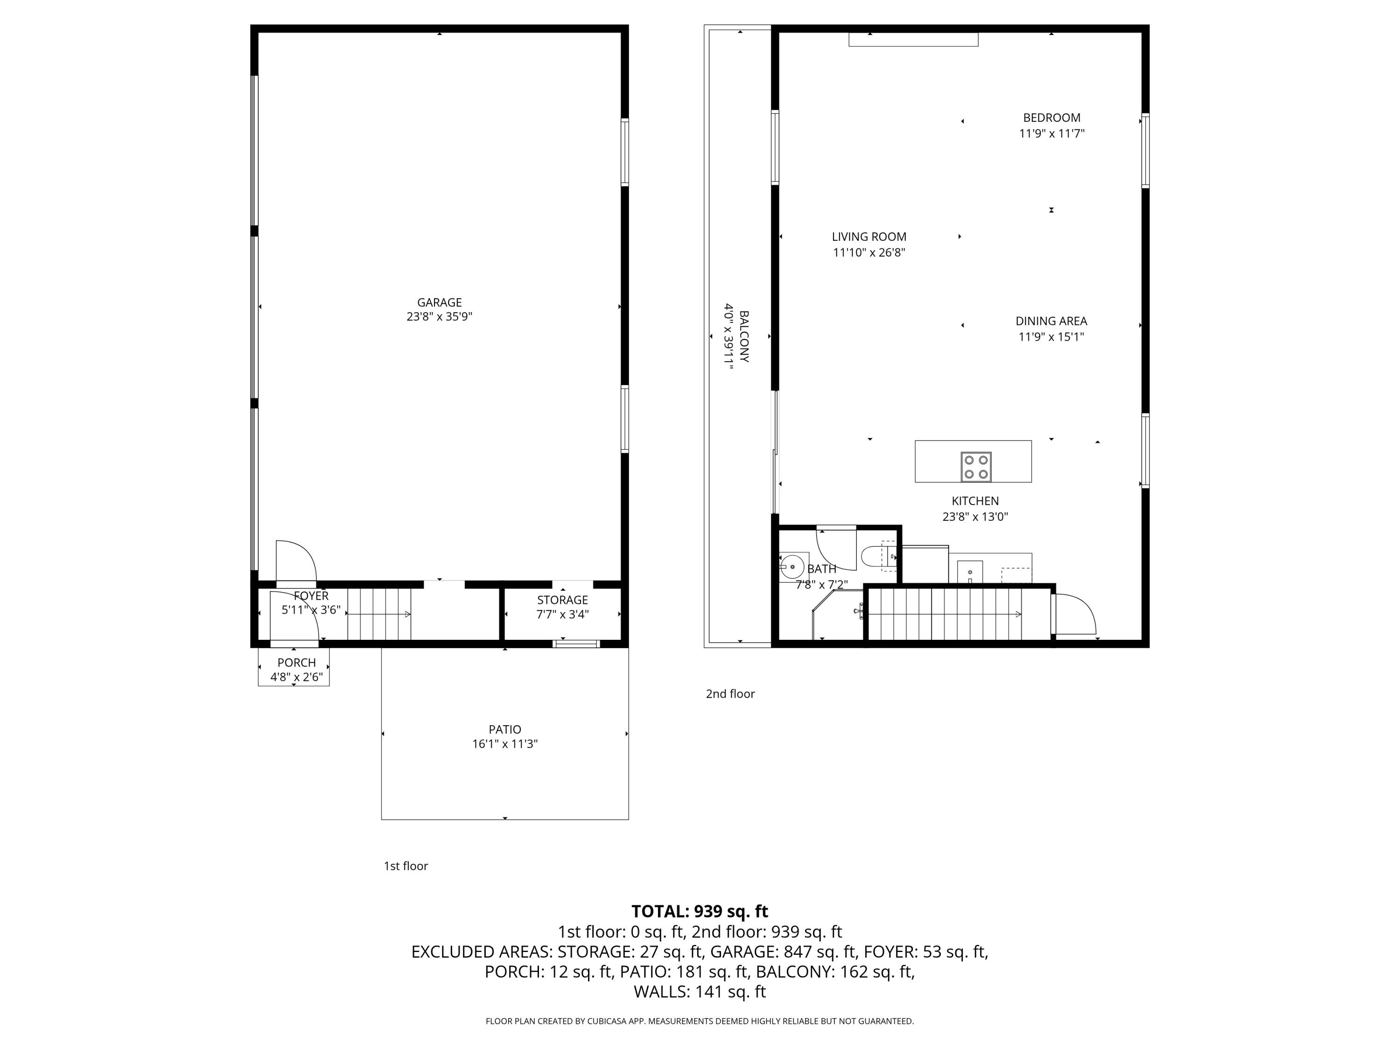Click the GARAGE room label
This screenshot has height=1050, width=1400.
click(439, 302)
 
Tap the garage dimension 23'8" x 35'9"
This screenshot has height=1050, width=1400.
click(439, 317)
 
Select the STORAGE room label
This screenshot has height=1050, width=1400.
click(563, 600)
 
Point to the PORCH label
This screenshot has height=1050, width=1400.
click(296, 663)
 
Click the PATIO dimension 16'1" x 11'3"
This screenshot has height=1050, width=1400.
click(505, 744)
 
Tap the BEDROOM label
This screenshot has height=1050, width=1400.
click(1052, 118)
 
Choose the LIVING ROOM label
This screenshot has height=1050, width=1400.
click(869, 237)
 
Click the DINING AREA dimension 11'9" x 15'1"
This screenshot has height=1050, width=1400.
click(1051, 337)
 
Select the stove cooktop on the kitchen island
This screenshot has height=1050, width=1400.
click(976, 467)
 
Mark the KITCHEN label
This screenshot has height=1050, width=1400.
click(975, 501)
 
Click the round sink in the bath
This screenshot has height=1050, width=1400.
click(792, 567)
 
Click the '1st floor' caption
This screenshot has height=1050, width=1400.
click(406, 866)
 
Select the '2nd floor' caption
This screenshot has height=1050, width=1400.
click(730, 693)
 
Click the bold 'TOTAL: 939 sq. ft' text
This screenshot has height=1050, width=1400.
click(700, 911)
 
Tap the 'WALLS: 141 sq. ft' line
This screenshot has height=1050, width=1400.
click(700, 992)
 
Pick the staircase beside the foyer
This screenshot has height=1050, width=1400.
click(379, 614)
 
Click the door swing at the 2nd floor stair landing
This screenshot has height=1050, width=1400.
click(1075, 613)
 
